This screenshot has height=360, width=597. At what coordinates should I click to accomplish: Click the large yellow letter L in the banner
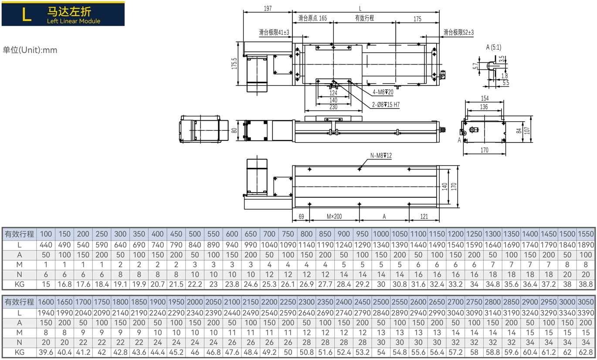[x=27, y=14]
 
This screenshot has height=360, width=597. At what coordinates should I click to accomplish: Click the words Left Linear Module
[x=74, y=21]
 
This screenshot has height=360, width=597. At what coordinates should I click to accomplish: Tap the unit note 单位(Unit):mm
[x=30, y=50]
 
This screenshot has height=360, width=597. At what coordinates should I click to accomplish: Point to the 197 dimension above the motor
[x=268, y=9]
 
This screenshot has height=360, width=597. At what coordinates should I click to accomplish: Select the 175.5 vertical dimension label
[x=234, y=64]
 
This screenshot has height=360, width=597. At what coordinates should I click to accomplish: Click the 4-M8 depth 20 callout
[x=383, y=92]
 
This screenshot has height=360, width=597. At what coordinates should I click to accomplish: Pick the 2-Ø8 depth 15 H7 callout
[x=386, y=105]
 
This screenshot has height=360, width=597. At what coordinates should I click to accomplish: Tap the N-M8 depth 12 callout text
[x=381, y=156]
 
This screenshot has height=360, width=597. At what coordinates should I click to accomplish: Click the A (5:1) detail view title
[x=494, y=48]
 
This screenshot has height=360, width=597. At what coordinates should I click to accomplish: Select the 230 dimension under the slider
[x=333, y=107]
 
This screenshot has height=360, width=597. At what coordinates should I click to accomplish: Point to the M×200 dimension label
[x=334, y=216]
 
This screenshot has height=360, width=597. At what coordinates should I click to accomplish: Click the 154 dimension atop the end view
[x=485, y=98]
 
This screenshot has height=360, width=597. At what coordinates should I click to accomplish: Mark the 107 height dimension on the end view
[x=527, y=131]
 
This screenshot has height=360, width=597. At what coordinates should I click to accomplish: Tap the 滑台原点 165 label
[x=312, y=18]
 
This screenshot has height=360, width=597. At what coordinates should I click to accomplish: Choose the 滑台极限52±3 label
[x=458, y=33]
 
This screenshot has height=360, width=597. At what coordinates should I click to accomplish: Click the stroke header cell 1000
[x=381, y=234]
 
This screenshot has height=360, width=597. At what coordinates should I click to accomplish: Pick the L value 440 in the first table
[x=46, y=245]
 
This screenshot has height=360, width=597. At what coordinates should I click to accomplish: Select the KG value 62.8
[x=586, y=352]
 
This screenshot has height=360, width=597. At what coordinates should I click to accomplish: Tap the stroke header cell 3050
[x=586, y=302]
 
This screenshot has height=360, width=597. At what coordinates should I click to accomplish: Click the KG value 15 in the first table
[x=46, y=284]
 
